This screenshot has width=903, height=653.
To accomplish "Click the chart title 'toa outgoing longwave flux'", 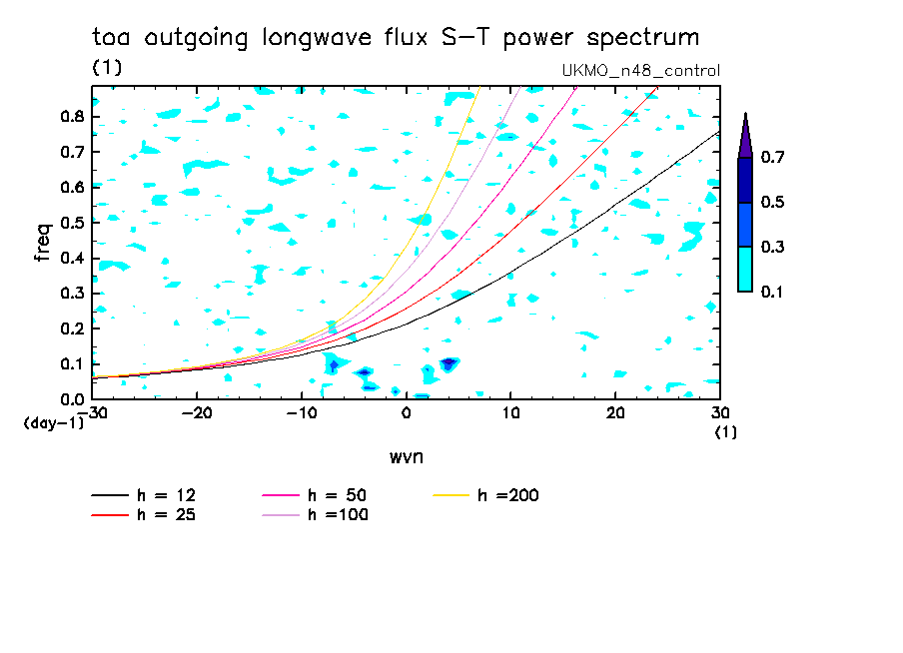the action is (x=260, y=37).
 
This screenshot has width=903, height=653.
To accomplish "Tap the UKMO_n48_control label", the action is (x=641, y=70).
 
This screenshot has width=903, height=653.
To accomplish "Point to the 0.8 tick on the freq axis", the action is (x=73, y=116).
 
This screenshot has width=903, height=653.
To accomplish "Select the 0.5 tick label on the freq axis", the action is (x=73, y=223).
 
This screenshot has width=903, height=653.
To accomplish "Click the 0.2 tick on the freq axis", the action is (x=73, y=328).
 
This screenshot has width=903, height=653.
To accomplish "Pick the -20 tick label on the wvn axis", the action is (x=197, y=413).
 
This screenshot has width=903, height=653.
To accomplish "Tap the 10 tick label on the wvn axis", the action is (x=510, y=413).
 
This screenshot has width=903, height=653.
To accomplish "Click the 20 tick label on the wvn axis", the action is (x=615, y=413).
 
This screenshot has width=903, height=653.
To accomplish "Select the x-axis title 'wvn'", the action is (x=407, y=457).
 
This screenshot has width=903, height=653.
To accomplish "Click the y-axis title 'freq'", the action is (x=43, y=243).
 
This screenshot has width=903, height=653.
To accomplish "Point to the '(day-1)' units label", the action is (x=54, y=423).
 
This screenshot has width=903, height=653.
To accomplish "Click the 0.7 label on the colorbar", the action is (x=772, y=157).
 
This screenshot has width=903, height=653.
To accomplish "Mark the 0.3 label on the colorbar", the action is (x=772, y=247).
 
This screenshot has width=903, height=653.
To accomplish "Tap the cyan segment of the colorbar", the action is (x=745, y=269).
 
